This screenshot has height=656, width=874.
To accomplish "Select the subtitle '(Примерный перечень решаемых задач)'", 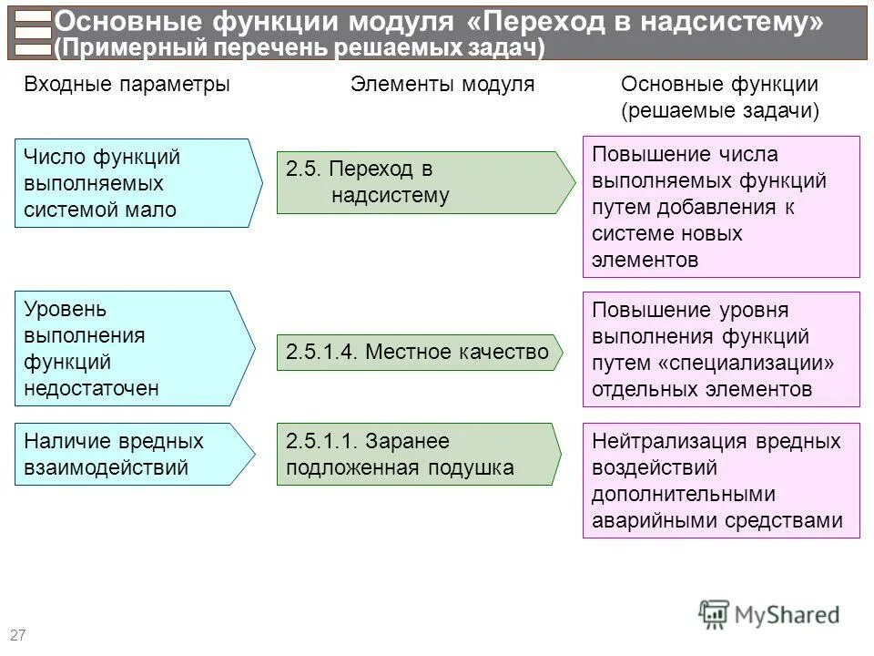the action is click(300, 47).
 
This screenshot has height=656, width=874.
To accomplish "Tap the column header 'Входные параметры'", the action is click(127, 85).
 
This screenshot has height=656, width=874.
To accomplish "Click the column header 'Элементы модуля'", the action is click(442, 85).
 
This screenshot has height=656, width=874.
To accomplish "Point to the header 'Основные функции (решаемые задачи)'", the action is click(719, 97).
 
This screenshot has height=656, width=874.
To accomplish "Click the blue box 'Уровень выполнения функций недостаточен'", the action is click(127, 349).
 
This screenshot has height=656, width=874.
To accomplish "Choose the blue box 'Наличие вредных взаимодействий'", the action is click(127, 455).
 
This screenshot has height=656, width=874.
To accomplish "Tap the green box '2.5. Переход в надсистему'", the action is click(419, 182).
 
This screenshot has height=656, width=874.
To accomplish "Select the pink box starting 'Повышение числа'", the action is click(721, 207).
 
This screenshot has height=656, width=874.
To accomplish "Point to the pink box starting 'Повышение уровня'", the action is click(721, 349).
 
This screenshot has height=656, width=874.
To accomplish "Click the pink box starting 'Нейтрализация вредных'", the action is click(721, 480).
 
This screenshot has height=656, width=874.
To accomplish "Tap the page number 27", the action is click(17, 634).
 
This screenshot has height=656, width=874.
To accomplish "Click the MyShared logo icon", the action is click(715, 614).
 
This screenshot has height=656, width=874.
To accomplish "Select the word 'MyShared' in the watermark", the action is click(787, 615).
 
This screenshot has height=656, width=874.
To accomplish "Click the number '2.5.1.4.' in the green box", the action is click(321, 353).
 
